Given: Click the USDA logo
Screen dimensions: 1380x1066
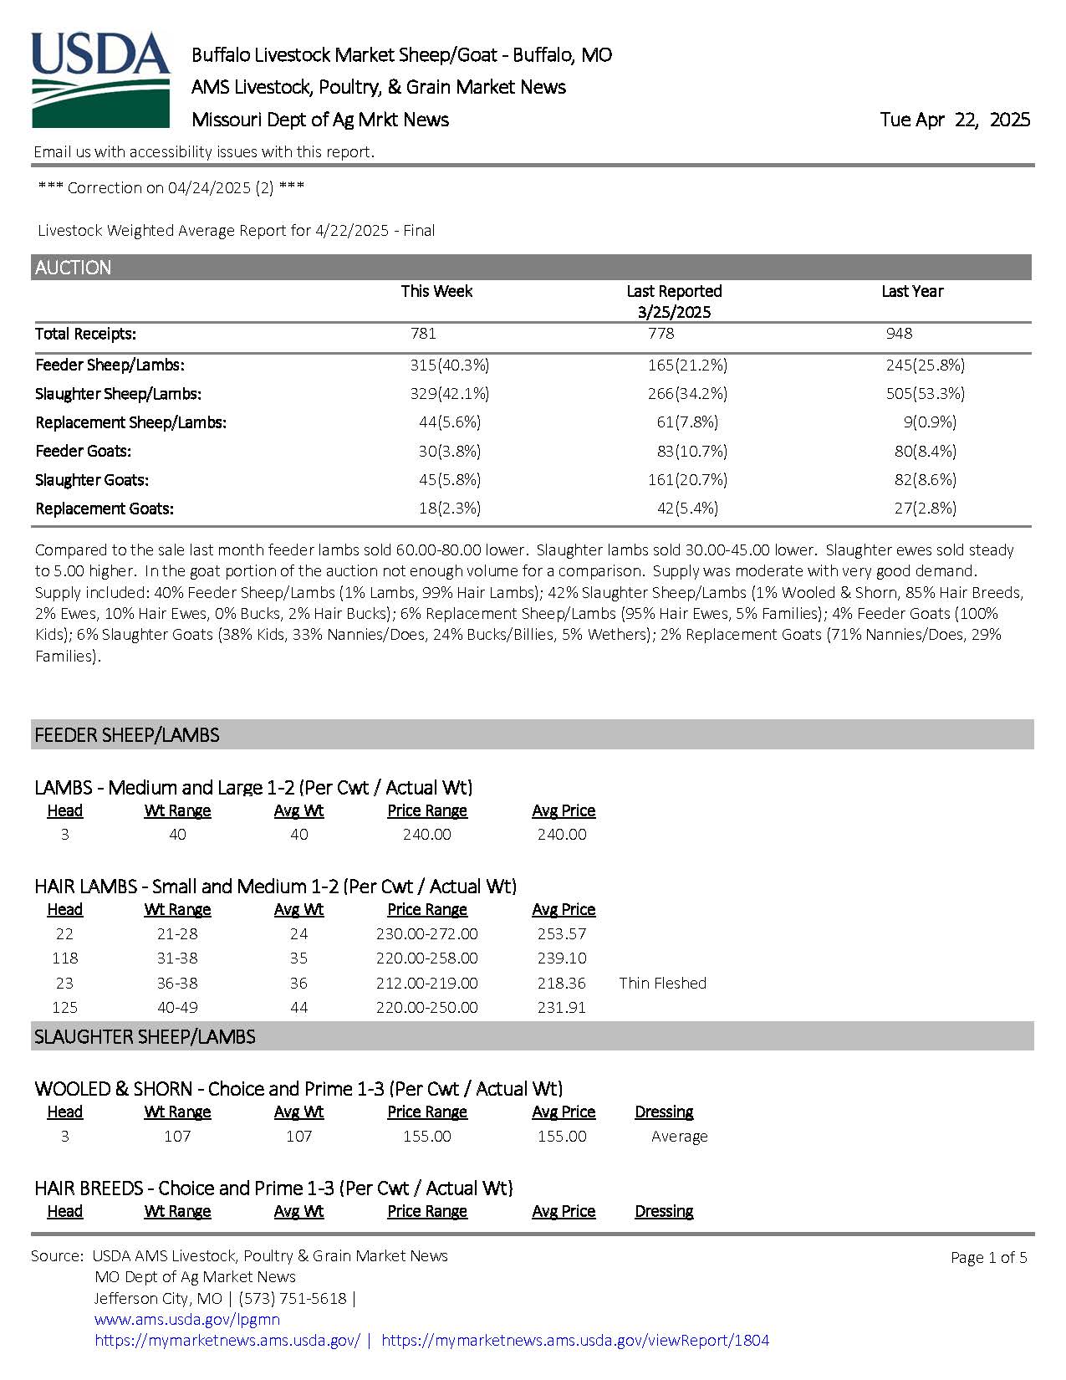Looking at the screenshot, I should click(x=100, y=79).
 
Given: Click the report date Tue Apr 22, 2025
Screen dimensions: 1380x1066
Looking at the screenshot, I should click(x=954, y=120).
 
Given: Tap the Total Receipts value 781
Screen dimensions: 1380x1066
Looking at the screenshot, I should click(x=423, y=334).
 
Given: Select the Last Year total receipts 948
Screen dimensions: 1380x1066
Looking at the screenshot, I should click(x=899, y=334).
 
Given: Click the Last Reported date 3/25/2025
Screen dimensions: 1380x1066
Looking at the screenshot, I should click(x=674, y=312).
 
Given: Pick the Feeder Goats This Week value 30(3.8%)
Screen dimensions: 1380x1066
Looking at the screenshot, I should click(x=449, y=452).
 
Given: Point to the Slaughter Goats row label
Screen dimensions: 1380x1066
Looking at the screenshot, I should click(x=92, y=480).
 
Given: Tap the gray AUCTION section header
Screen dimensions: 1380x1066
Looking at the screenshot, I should click(x=532, y=268).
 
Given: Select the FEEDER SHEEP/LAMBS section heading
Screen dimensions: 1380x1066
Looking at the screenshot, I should click(x=127, y=735).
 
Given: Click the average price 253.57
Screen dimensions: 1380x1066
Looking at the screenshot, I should click(x=562, y=933).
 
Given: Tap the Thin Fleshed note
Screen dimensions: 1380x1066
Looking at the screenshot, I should click(x=662, y=983).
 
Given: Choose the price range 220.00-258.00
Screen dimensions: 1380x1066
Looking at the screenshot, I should click(x=426, y=958).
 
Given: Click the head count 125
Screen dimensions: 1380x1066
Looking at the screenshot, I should click(x=64, y=1007).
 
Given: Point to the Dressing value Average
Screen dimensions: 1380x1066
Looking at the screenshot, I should click(x=679, y=1136).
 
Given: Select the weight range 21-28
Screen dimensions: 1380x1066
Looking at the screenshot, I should click(x=177, y=933).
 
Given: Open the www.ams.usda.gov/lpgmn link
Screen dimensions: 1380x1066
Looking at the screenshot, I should click(x=187, y=1319).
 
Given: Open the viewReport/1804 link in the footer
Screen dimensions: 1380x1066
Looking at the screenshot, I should click(x=574, y=1340).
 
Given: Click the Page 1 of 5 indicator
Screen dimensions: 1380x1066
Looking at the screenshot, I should click(x=988, y=1257).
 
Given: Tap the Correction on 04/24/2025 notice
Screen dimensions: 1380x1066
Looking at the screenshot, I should click(x=171, y=187).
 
